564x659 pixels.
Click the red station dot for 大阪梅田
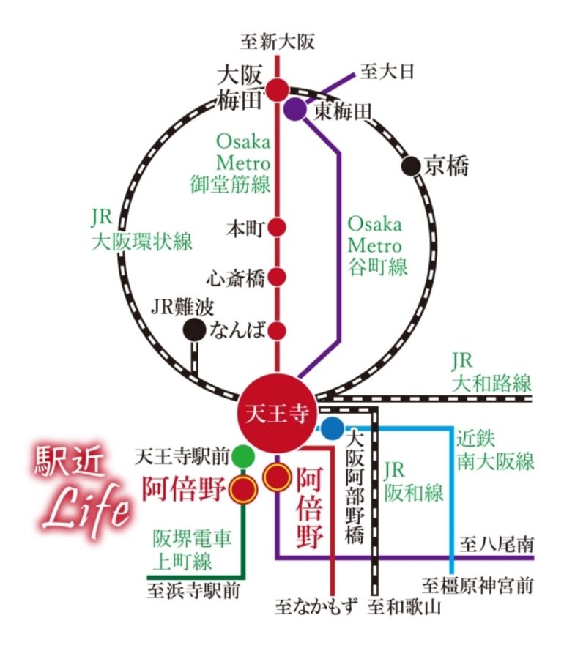[x=277, y=90]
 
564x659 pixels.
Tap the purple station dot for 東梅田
[x=294, y=109]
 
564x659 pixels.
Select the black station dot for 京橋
[x=413, y=166]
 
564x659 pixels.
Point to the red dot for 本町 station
[x=277, y=227]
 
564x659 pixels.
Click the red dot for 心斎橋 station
[x=277, y=277]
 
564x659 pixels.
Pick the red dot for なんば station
[x=277, y=329]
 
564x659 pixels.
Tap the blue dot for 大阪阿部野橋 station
[x=332, y=427]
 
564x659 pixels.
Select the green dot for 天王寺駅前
[x=243, y=458]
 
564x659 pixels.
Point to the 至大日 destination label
[x=387, y=71]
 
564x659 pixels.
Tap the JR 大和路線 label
[x=491, y=371]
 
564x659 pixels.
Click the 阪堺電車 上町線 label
[x=192, y=550]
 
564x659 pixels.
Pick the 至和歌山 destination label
[x=404, y=607]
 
